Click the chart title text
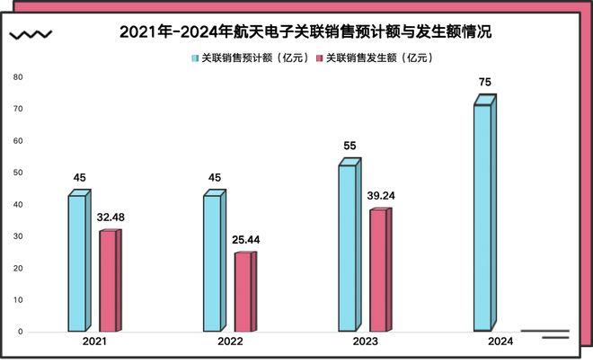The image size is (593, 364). [x=305, y=31]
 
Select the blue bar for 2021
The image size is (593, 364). [x=77, y=262]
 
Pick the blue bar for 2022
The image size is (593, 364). [x=213, y=262]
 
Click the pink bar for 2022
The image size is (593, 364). [x=243, y=291]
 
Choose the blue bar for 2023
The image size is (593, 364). [x=348, y=247]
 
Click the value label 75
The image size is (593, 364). [x=485, y=82]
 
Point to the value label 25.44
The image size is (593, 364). [x=245, y=239]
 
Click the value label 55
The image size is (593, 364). [x=350, y=146]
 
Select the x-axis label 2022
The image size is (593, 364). [x=230, y=342]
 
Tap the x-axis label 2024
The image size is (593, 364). [x=500, y=342]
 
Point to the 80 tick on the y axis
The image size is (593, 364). [x=17, y=76]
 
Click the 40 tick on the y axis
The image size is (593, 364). [x=17, y=204]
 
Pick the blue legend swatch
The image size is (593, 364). [x=194, y=58]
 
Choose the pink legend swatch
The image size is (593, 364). [x=318, y=58]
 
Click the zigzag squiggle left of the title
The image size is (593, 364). [x=30, y=35]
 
